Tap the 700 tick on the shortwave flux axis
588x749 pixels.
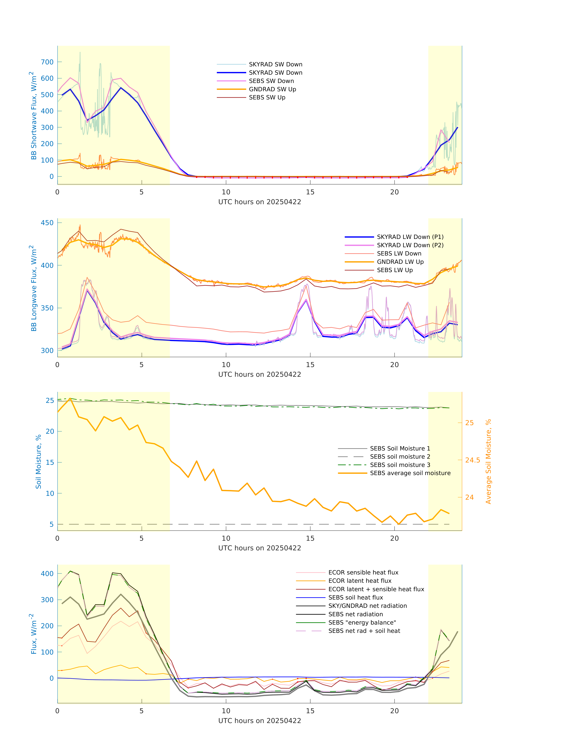pos(47,62)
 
